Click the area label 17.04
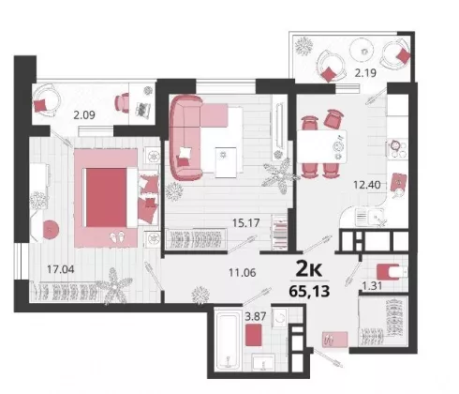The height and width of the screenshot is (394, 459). coord(61,269)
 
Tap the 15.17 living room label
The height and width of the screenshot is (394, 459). coord(246,223)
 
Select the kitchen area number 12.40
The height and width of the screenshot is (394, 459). coord(367,185)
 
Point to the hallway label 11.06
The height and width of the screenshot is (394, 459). coord(243,273)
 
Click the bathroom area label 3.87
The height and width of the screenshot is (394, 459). coord(256,316)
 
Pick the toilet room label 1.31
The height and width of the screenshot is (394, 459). coord(372,286)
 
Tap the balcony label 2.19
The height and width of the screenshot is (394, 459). coord(365,73)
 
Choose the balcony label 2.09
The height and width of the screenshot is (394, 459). coord(84,115)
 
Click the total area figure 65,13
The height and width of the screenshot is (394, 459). coord(309,292)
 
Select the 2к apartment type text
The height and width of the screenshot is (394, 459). coord(309,269)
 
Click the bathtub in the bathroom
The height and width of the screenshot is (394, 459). coord(228,341)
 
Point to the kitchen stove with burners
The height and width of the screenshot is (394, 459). coord(397,148)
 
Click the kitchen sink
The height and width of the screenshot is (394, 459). coord(371,217)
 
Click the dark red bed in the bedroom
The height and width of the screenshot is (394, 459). coord(106,198)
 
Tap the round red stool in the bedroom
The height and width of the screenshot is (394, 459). coord(51,230)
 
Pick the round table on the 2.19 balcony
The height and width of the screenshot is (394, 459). coord(362,51)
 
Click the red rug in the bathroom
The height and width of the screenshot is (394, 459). coord(253,335)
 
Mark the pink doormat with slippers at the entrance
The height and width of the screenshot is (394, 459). coord(334,340)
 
